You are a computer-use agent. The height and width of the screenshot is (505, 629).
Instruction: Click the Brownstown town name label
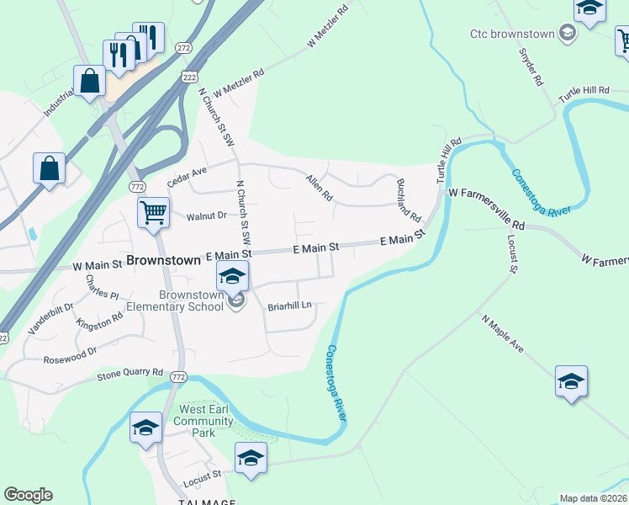click(164, 260)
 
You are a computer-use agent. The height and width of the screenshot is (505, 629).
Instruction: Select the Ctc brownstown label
click(514, 34)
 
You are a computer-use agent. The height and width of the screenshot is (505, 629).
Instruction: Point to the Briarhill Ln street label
click(289, 306)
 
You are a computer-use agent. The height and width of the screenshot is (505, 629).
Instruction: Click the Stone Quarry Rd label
click(130, 372)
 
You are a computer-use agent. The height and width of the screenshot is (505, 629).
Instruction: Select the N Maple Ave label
click(503, 334)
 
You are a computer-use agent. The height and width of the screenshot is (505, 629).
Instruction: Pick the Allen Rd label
click(320, 188)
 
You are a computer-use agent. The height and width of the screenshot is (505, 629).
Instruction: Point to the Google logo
click(28, 495)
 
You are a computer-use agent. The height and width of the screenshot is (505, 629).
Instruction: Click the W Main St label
click(98, 264)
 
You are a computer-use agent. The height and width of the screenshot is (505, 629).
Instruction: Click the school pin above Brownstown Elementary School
click(232, 275)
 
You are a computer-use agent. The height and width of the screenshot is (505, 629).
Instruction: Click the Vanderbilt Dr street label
click(45, 321)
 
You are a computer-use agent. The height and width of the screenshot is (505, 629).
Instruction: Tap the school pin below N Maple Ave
click(571, 381)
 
